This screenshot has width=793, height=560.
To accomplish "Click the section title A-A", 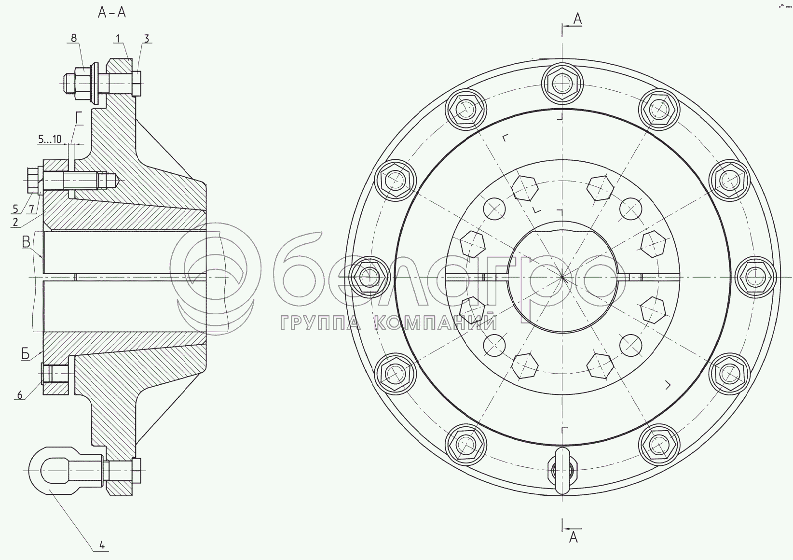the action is pyautogui.click(x=112, y=13).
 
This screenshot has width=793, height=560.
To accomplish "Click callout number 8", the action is pyautogui.click(x=74, y=38).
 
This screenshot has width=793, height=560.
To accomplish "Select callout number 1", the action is pyautogui.click(x=118, y=38).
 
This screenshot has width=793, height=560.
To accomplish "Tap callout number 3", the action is pyautogui.click(x=147, y=38).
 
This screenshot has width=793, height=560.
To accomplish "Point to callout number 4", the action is pyautogui.click(x=102, y=545).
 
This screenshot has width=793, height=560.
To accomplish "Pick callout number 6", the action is pyautogui.click(x=20, y=395).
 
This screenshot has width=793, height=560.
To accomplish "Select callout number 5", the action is pyautogui.click(x=15, y=209).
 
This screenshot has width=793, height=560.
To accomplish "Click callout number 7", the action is pyautogui.click(x=31, y=209).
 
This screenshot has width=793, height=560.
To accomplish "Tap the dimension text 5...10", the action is pyautogui.click(x=50, y=139).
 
